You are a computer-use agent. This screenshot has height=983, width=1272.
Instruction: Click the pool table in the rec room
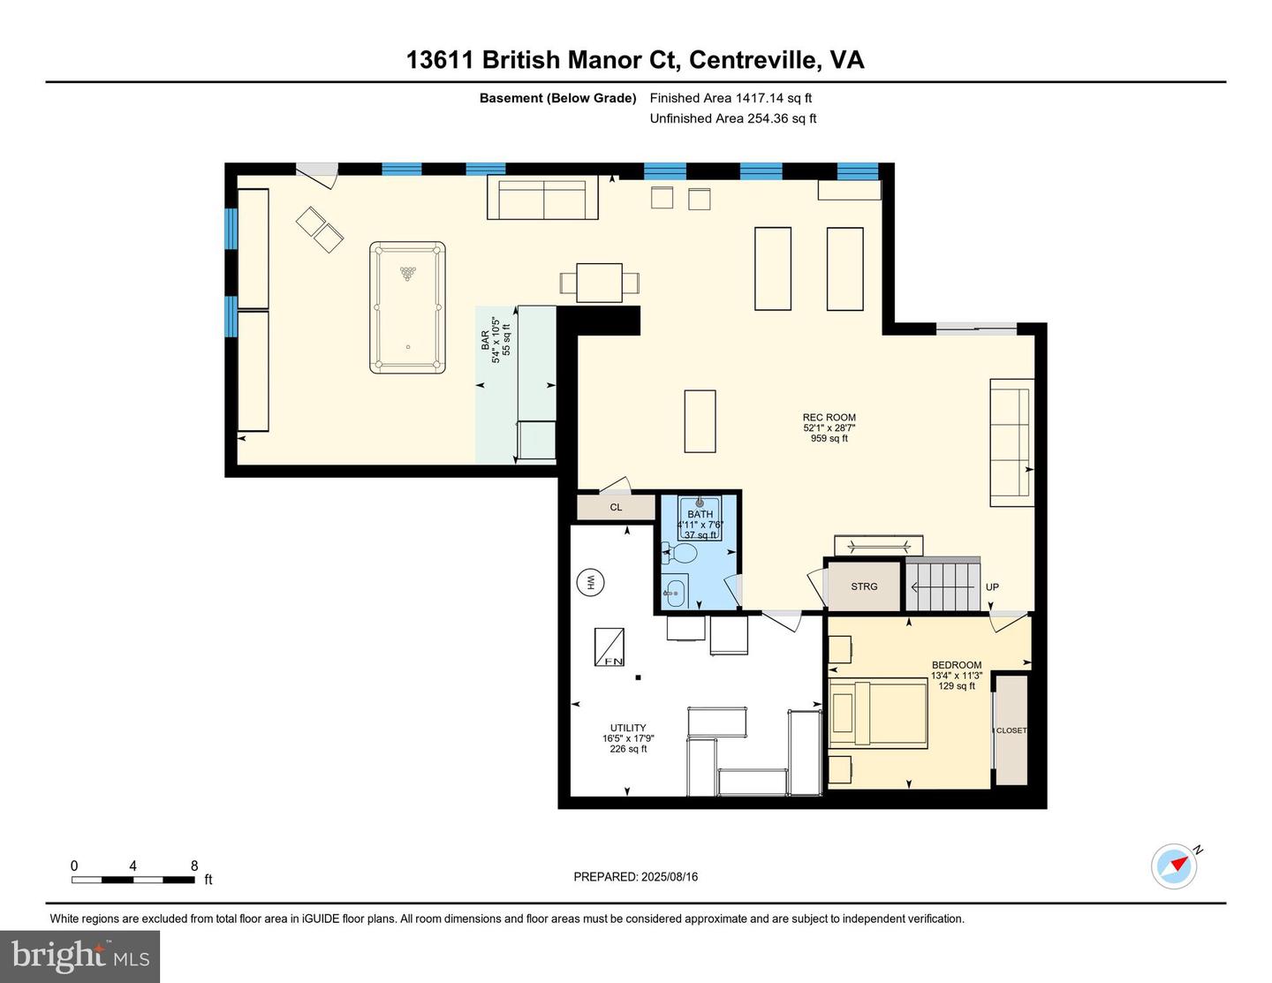tap(407, 307)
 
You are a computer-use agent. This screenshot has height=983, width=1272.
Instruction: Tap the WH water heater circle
tap(590, 582)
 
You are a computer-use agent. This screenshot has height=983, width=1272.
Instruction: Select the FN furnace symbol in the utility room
tap(609, 647)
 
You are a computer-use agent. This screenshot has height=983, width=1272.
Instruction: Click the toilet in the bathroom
tap(678, 552)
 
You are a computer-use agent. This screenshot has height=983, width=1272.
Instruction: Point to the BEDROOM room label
tap(957, 665)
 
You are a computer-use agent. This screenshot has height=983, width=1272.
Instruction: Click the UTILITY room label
tap(628, 728)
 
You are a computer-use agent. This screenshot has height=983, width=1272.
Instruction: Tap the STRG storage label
tap(864, 586)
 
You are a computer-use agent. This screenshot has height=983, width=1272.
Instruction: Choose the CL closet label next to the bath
tap(616, 507)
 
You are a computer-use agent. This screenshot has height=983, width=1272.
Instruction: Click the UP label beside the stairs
tap(992, 586)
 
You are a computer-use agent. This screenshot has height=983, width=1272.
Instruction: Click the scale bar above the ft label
tap(132, 880)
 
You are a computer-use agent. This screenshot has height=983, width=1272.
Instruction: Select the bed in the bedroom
tap(878, 714)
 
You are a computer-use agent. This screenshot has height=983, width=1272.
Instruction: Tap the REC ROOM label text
tap(829, 417)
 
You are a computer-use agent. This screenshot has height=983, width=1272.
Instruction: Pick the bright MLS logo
tap(80, 957)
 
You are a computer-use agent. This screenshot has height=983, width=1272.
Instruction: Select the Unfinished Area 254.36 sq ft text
tap(733, 118)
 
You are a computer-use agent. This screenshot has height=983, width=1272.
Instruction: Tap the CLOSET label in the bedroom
tap(1011, 730)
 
